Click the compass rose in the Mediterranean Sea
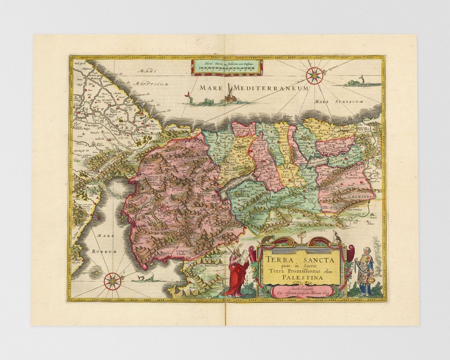coord(314,76)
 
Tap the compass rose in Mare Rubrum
coord(112,281)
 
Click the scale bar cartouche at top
coord(227,67)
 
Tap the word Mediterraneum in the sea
coord(271,88)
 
